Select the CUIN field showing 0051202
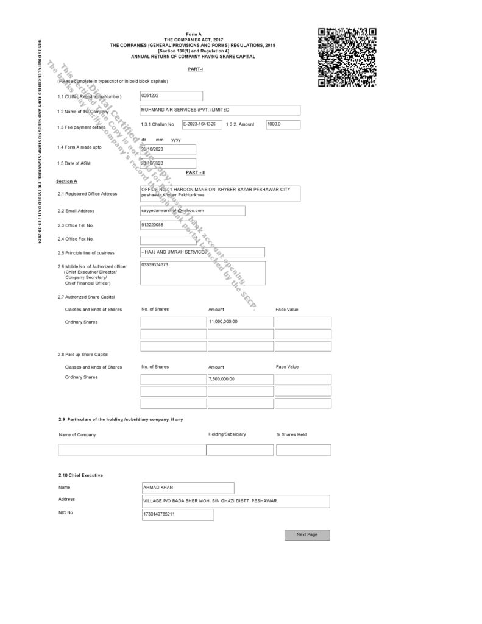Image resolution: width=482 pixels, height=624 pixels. coord(171,96)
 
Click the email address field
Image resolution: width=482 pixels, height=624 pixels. coord(193,210)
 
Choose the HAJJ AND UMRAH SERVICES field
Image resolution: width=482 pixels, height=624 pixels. coord(202,252)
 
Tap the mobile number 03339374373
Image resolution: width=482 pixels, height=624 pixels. coord(202,273)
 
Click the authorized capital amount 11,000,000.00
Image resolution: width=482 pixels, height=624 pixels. coord(240,322)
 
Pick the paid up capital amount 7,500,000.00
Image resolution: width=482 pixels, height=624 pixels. coord(240,379)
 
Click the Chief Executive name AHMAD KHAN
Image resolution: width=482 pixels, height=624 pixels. coord(188,488)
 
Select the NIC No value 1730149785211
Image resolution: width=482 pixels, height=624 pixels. coord(177,515)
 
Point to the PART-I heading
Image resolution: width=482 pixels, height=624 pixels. coord(196,70)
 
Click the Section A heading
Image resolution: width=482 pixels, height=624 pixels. coord(66,182)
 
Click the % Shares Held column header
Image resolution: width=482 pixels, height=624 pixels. coord(291,434)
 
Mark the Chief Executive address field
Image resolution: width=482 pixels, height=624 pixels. coord(236,501)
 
